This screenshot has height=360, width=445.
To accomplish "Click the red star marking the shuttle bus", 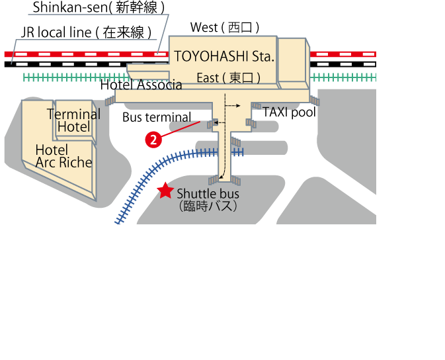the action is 165,191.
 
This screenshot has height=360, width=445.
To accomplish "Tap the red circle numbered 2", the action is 153,140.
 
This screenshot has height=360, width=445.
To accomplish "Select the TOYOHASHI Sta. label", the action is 224,56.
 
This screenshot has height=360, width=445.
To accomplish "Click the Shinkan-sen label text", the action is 99,7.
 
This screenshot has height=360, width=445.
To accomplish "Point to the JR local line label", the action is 86,32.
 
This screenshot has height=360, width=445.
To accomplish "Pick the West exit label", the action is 225,28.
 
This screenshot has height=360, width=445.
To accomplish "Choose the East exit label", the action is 229,78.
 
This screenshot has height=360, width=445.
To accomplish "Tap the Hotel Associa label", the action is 141,85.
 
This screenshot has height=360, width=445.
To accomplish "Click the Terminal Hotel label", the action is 74,120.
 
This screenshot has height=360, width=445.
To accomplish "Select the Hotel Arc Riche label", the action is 64,156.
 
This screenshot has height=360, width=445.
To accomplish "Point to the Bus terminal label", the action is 157,117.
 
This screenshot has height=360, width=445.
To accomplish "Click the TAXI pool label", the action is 289,112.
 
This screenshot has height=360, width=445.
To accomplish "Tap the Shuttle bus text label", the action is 208,194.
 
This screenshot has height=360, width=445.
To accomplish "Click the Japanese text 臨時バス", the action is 208,206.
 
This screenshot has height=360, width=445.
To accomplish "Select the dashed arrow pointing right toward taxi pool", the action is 233,106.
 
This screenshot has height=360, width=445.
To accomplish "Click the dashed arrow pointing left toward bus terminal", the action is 220,122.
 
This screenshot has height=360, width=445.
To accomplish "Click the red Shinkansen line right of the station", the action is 343,54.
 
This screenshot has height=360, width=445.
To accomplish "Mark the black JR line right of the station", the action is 343,64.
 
